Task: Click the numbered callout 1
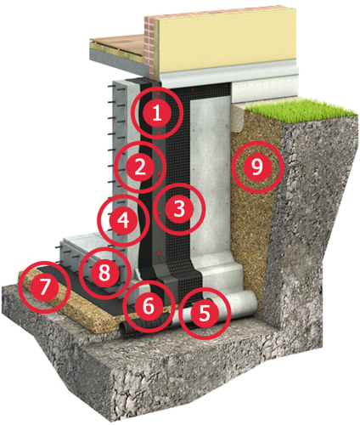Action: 157,113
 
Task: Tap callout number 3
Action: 179,209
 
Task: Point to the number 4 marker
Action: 123,220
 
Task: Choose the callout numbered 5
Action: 205,313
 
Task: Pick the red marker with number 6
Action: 149,306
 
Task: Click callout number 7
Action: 45,287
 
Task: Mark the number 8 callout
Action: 104,273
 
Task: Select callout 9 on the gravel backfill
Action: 257,167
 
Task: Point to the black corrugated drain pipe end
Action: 126,328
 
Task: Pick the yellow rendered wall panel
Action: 228,40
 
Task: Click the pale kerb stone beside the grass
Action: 239,116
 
